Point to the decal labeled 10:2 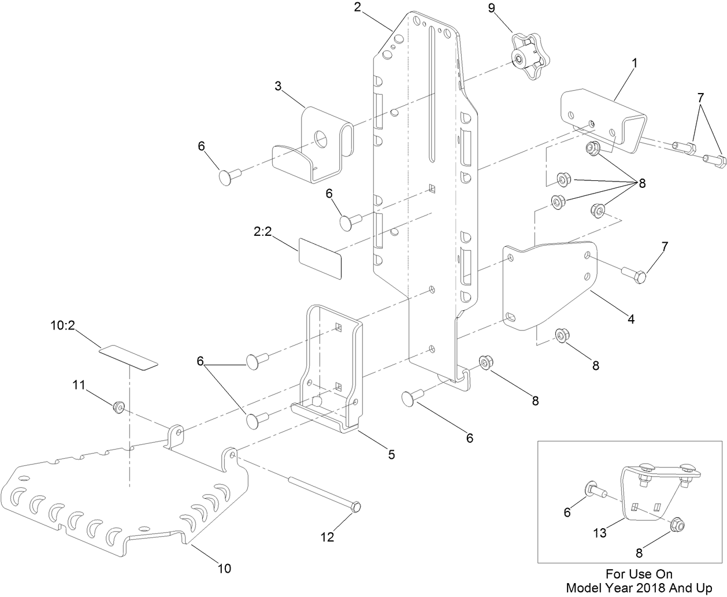(128, 357)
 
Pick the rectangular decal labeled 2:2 (320, 255)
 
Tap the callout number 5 (391, 455)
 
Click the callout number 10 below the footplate (224, 569)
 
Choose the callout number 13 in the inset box (600, 532)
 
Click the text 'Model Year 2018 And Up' (639, 588)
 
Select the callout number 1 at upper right (634, 64)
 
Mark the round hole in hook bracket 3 (321, 138)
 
